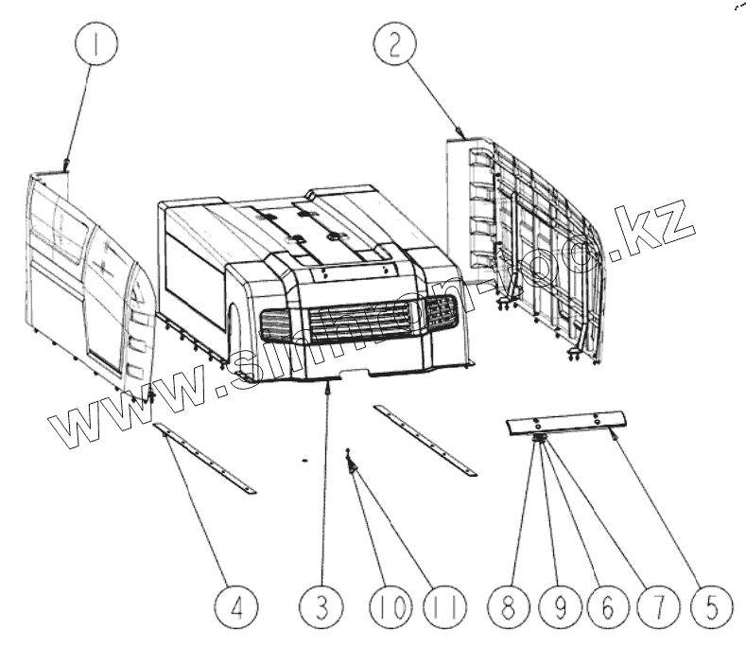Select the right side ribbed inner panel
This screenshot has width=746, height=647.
click(x=530, y=247)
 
